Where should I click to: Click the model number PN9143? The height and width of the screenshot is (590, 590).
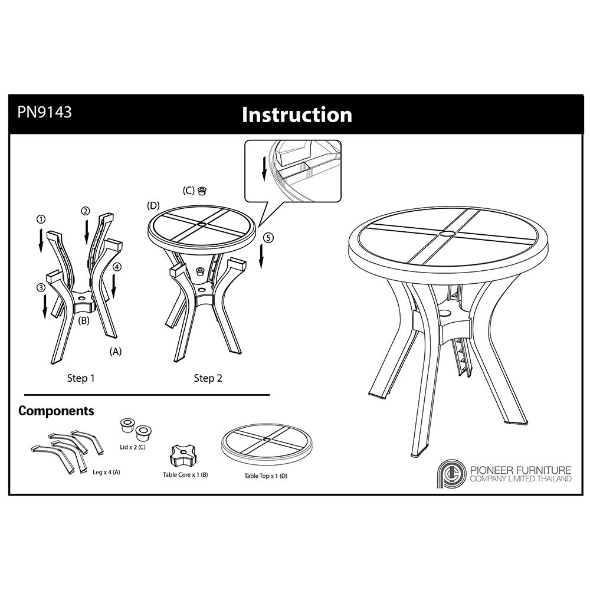(44, 112)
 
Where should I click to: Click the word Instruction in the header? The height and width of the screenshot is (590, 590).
(297, 114)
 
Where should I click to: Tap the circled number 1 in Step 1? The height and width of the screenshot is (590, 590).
(41, 219)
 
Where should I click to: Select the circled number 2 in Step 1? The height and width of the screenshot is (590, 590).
(86, 211)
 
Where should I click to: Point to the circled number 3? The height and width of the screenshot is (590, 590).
(41, 288)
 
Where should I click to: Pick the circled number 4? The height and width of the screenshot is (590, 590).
(117, 267)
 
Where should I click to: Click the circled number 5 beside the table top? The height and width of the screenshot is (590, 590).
(268, 238)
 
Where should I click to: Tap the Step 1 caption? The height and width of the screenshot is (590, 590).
(80, 378)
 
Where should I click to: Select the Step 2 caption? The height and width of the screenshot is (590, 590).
(208, 378)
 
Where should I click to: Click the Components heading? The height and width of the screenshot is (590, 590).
(56, 411)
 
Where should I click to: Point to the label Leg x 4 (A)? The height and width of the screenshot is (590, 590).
(106, 472)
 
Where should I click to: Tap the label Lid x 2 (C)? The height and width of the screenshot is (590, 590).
(132, 447)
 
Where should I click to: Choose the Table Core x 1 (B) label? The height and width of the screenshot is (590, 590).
(185, 475)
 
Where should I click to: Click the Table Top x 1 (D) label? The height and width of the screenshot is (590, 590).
(265, 476)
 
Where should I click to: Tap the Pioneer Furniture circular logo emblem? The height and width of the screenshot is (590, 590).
(451, 474)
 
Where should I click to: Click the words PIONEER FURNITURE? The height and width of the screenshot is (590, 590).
(521, 470)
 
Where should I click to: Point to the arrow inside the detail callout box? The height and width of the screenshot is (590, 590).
(264, 168)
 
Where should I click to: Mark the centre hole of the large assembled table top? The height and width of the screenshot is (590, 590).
(448, 234)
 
